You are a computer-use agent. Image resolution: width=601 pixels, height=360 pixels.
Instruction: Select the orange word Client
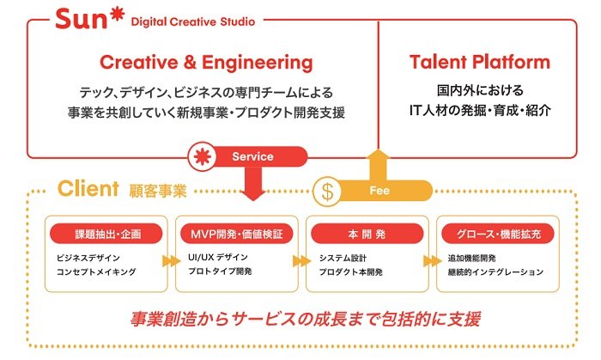click(x=87, y=186)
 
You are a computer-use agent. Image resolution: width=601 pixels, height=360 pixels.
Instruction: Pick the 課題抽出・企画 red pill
click(x=105, y=233)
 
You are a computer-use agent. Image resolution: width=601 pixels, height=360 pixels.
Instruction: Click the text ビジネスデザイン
click(x=89, y=256)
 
